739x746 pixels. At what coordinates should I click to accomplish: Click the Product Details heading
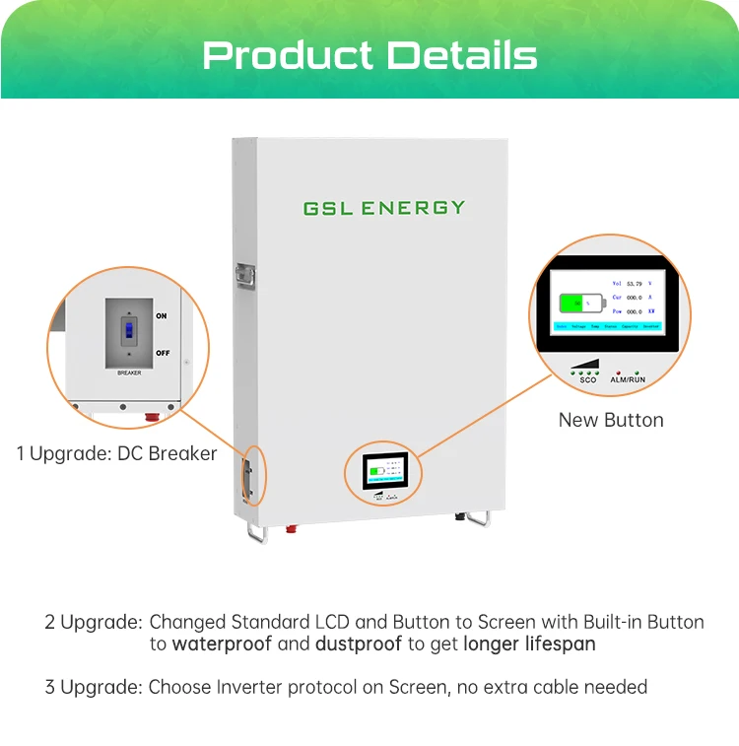click(369, 54)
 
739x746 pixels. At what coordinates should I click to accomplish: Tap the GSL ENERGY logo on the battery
click(383, 208)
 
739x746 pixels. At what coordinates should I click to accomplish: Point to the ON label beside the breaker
click(162, 316)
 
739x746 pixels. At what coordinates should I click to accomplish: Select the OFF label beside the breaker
click(163, 352)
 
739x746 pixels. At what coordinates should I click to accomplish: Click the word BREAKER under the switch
click(129, 373)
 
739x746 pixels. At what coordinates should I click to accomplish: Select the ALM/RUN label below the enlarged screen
click(629, 378)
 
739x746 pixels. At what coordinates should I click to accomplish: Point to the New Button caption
click(611, 420)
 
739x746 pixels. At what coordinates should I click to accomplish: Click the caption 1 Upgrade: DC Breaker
click(116, 454)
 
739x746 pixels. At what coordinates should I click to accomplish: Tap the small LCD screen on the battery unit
click(383, 473)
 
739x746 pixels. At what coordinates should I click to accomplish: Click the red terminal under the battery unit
click(293, 528)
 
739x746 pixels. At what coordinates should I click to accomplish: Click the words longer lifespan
click(529, 644)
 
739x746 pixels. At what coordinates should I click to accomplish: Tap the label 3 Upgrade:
click(93, 687)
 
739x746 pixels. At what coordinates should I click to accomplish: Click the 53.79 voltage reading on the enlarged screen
click(634, 284)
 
